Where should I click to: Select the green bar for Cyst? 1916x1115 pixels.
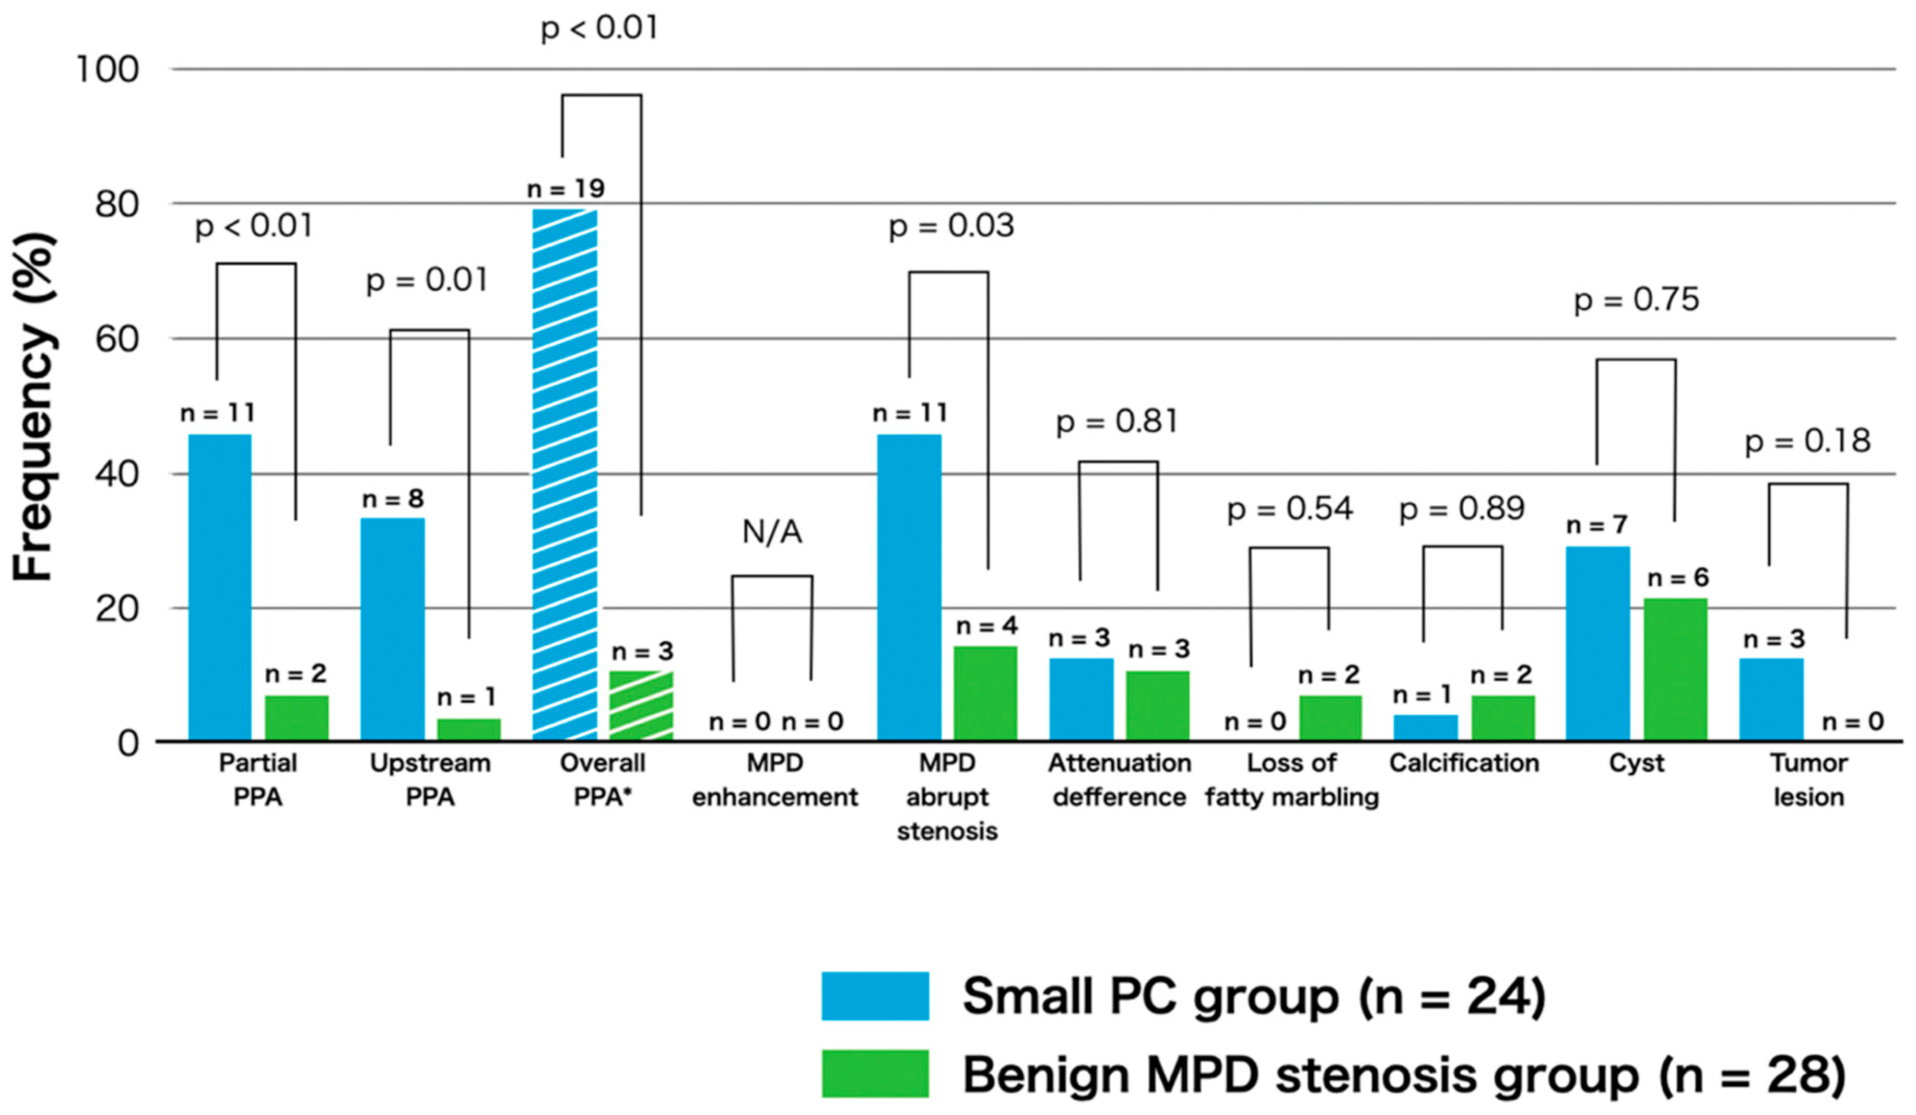click(x=1675, y=669)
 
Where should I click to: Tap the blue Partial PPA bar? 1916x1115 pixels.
click(x=220, y=587)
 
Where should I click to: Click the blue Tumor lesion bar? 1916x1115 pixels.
click(x=1771, y=699)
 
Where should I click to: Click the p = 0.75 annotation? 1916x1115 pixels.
click(x=1636, y=300)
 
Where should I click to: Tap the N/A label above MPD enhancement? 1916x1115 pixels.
click(x=772, y=532)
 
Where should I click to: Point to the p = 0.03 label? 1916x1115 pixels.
click(x=951, y=226)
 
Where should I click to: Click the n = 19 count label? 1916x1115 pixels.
click(x=566, y=189)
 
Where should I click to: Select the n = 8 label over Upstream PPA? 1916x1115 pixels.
click(x=392, y=499)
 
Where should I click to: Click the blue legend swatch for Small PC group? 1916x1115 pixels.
click(x=875, y=995)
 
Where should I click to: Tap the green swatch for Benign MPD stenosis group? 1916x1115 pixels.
click(x=875, y=1073)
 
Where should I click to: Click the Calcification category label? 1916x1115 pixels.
click(x=1464, y=763)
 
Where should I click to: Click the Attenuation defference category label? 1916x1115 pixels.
click(x=1119, y=780)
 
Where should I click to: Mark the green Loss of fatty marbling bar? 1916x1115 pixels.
click(x=1330, y=717)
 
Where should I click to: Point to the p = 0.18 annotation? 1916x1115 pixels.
click(x=1807, y=441)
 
